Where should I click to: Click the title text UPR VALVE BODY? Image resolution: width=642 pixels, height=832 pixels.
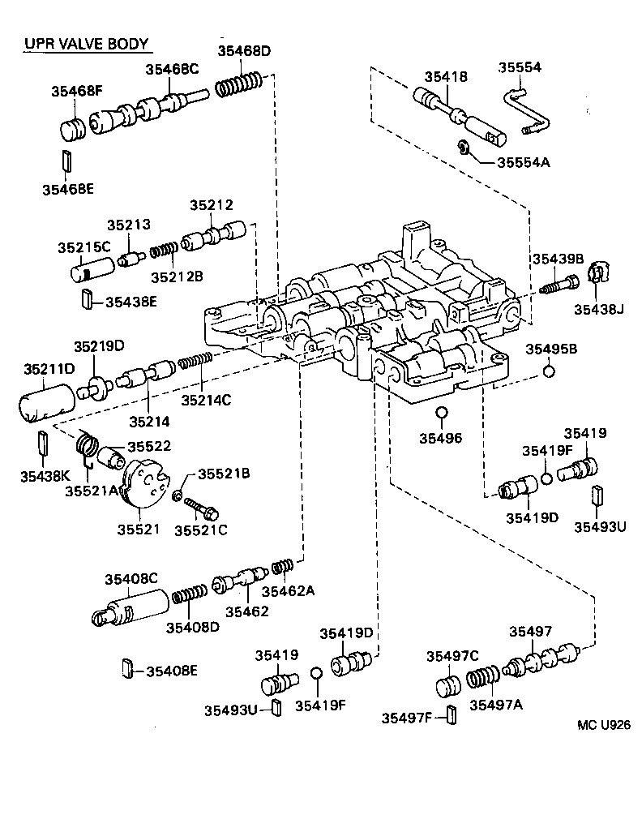point(86,44)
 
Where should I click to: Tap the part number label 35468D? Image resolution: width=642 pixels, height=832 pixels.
point(243,51)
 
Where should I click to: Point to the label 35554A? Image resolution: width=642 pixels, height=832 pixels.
point(523,161)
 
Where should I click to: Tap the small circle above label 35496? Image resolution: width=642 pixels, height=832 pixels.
point(442,413)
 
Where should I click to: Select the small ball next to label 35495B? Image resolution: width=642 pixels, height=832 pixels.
point(548,372)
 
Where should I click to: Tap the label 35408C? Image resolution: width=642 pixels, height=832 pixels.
point(131,578)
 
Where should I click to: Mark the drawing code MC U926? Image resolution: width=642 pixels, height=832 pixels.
point(603,725)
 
